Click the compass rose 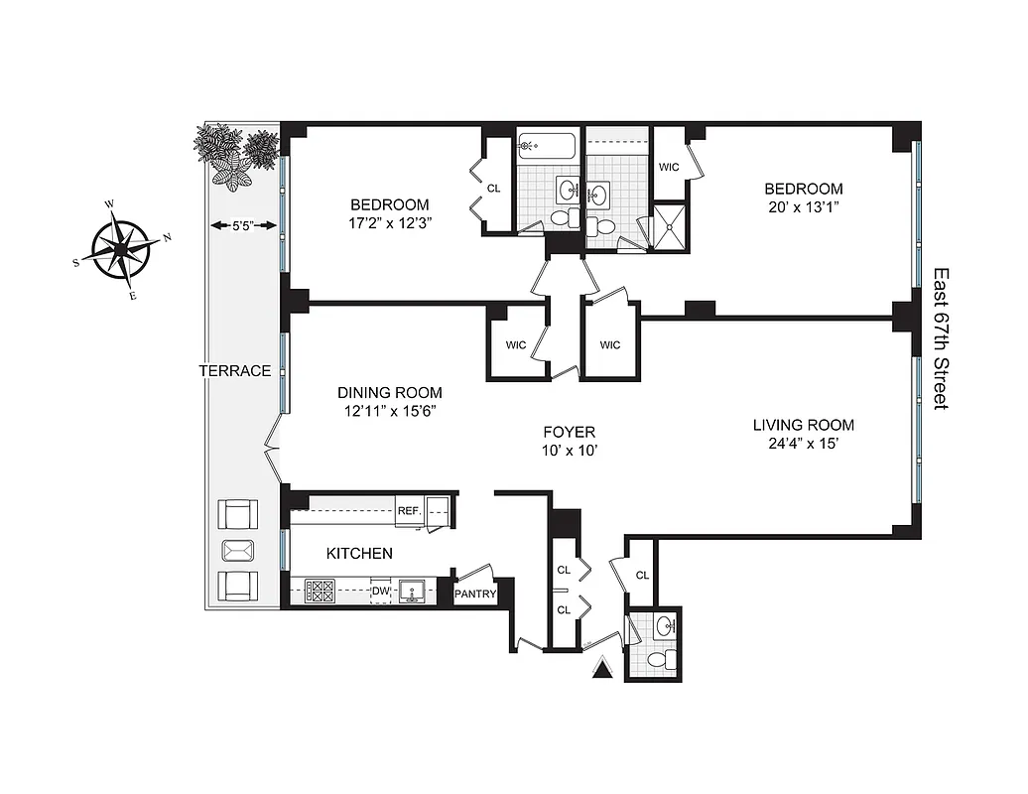point(118,247)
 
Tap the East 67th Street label point(941,337)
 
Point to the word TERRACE point(234,371)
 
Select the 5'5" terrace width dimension point(241,226)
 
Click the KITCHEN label point(359,553)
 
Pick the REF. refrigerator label point(409,510)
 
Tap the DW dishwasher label point(379,593)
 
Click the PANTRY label point(474,595)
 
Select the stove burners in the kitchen point(320,593)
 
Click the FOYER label point(569,432)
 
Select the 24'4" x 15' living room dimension point(803,444)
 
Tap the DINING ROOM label point(389,393)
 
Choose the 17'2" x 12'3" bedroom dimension point(389,223)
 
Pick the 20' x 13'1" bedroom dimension point(803,207)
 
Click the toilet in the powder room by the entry point(656,661)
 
